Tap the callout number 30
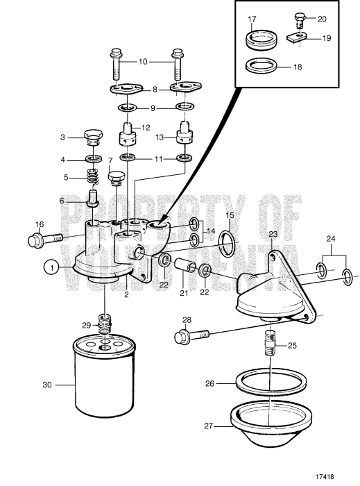pyautogui.click(x=46, y=383)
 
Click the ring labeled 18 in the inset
pyautogui.click(x=262, y=69)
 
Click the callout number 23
pyautogui.click(x=273, y=235)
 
